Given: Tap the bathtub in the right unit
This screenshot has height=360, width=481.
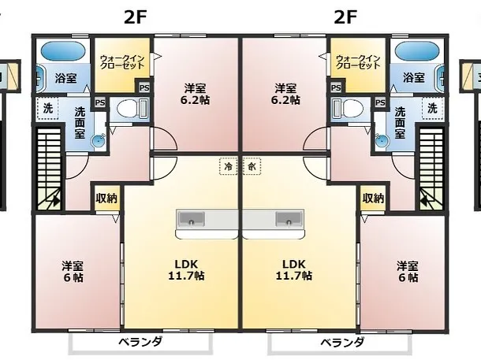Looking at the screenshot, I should (x=418, y=53).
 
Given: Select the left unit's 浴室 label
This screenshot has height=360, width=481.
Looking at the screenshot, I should (x=65, y=78).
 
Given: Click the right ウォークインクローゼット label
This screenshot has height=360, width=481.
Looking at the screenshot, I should (x=359, y=62).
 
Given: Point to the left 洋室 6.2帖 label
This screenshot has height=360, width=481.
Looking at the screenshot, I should (x=196, y=94).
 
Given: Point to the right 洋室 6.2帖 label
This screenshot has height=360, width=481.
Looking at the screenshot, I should (x=285, y=94).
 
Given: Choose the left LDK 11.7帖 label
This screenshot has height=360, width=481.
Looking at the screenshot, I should (x=186, y=269).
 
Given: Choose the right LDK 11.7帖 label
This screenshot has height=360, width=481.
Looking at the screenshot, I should (x=294, y=269).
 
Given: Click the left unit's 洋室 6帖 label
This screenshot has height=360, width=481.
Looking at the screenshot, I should (x=73, y=271).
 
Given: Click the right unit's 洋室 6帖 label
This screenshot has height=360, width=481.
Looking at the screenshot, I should (x=407, y=271).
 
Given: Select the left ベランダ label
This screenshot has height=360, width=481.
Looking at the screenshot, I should (x=140, y=342).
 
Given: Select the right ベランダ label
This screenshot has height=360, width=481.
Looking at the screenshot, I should (x=342, y=342).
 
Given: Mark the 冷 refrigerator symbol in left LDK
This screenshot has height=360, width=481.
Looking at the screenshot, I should (x=229, y=167).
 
